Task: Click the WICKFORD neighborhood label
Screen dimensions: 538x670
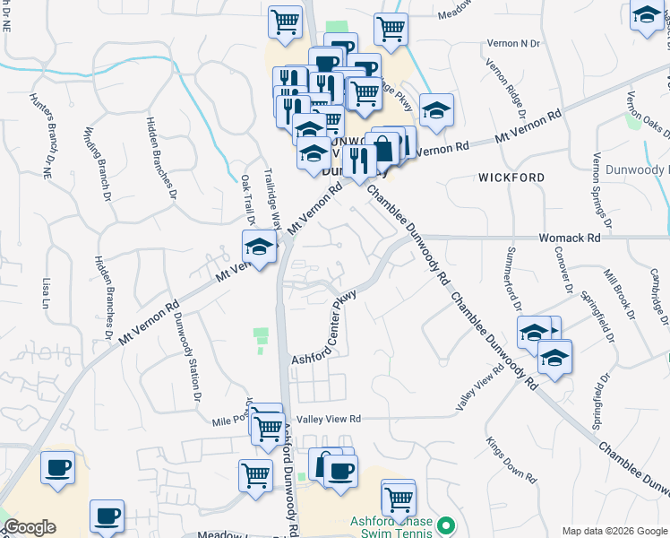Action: (x=511, y=178)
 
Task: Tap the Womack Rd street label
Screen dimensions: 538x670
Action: (x=569, y=239)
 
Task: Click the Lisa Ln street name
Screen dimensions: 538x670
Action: (x=46, y=292)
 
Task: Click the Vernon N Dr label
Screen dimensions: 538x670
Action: (x=513, y=43)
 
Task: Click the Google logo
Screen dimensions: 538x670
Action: (x=30, y=527)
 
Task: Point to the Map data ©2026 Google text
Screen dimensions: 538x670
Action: (x=614, y=531)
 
